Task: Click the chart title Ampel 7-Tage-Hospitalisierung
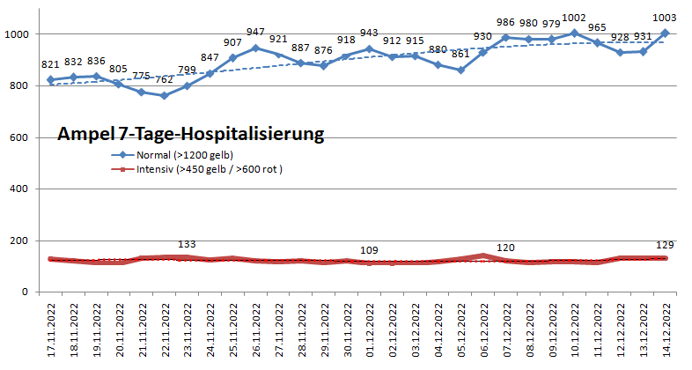click(x=191, y=135)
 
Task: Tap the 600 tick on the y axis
click(x=20, y=137)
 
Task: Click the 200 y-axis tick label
click(x=20, y=240)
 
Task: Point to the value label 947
click(x=255, y=32)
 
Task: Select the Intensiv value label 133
click(x=187, y=244)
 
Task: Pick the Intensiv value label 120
click(x=505, y=248)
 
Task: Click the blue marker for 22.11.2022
click(x=166, y=95)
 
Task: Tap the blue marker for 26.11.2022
click(x=257, y=48)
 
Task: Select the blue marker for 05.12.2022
click(x=460, y=70)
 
